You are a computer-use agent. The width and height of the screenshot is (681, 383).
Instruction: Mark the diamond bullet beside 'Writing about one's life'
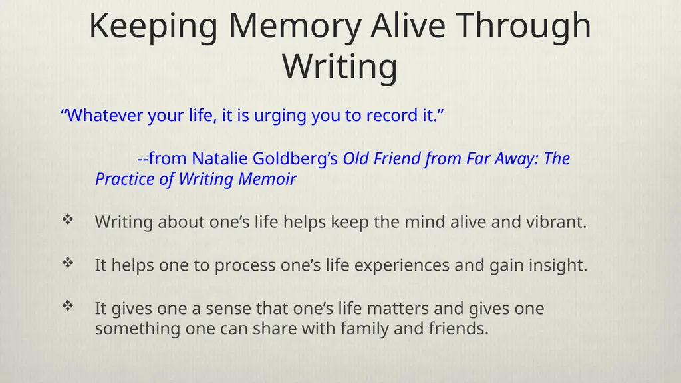click(x=68, y=219)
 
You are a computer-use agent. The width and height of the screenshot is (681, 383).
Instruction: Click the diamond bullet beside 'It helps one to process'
click(x=68, y=262)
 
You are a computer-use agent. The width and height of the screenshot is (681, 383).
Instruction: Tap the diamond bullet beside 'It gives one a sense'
click(x=68, y=306)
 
